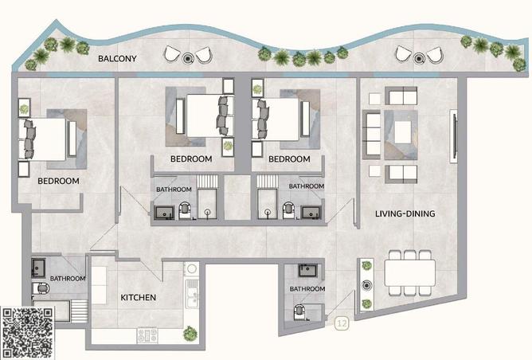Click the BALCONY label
[117, 58]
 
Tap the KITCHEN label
[139, 298]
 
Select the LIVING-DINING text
[405, 213]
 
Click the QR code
[27, 333]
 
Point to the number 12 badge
[342, 323]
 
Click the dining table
[410, 273]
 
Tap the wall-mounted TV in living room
[454, 135]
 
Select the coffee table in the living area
[403, 132]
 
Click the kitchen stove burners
[147, 335]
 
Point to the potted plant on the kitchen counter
[190, 334]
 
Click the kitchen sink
[193, 294]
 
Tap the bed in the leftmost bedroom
[42, 139]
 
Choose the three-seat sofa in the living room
[371, 135]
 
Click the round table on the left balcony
[188, 58]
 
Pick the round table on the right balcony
[419, 58]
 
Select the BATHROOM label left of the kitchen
[68, 279]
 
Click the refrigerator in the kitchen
[100, 285]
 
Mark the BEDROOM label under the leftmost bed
[58, 181]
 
